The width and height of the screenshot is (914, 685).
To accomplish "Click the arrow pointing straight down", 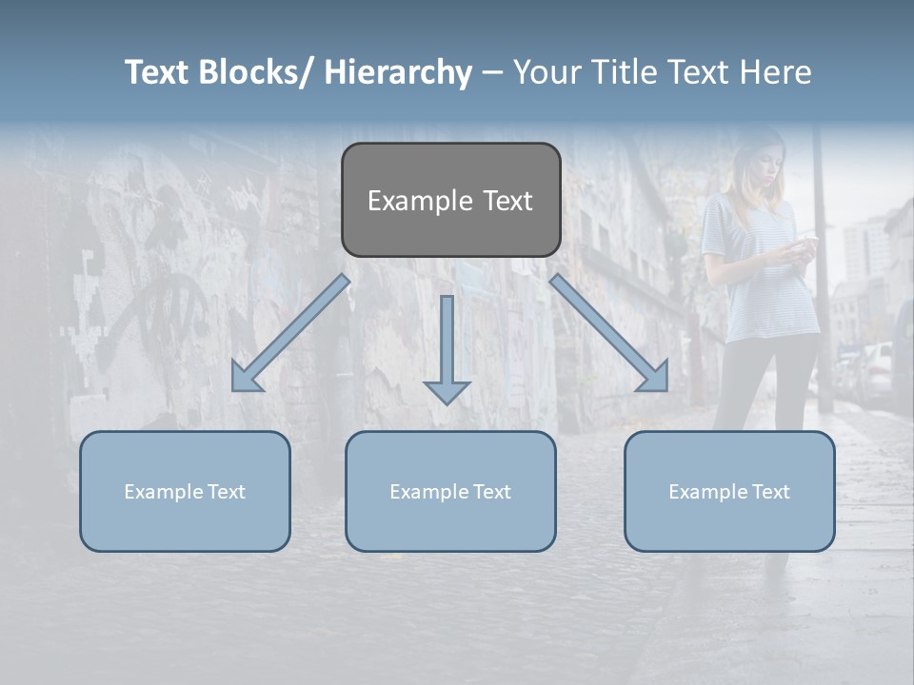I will tap(447, 347).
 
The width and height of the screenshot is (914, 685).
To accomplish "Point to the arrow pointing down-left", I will tap(290, 333).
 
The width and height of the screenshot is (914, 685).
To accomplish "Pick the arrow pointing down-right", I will tap(609, 333).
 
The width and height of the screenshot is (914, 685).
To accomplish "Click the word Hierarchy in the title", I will tap(398, 72).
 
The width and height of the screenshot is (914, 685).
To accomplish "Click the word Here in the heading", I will tap(772, 72).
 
